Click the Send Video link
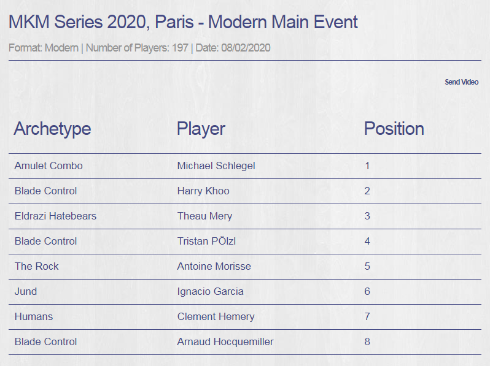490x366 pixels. [462, 82]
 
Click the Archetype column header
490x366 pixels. [53, 129]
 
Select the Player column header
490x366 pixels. [201, 129]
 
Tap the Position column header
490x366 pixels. [394, 129]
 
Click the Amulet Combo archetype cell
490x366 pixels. [49, 166]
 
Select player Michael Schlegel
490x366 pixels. [216, 166]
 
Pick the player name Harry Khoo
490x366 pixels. [203, 191]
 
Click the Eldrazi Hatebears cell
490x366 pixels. [56, 216]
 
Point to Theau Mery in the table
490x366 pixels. [204, 216]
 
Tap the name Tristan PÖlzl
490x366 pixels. [206, 241]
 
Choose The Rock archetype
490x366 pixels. [37, 266]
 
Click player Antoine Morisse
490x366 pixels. [214, 266]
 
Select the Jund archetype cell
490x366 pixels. [26, 291]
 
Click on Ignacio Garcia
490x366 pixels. [211, 292]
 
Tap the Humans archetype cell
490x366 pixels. [34, 317]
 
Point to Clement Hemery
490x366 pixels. [216, 317]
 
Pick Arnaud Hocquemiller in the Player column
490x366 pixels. [225, 342]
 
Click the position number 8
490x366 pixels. [367, 341]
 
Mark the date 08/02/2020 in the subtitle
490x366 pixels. [246, 48]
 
